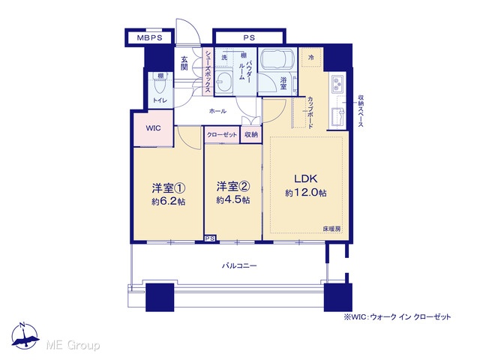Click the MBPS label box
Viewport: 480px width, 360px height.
point(150,38)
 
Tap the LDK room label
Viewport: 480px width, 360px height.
point(305,178)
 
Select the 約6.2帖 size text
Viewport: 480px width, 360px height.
point(169,202)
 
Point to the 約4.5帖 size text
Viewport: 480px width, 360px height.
point(233,200)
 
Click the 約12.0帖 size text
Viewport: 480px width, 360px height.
point(305,193)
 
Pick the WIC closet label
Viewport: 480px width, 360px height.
point(153,128)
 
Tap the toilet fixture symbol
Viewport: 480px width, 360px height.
point(160,84)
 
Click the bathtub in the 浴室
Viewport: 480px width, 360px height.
point(277,59)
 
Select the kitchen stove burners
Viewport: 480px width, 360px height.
point(337,84)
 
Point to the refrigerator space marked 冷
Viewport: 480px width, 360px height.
point(311,57)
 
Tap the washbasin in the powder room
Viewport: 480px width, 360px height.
point(223,82)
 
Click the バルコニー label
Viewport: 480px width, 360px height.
point(239,265)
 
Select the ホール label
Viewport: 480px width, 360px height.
point(217,111)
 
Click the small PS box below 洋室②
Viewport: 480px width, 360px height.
point(210,238)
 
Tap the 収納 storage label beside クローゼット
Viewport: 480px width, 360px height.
point(251,134)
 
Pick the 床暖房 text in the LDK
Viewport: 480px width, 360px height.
point(331,228)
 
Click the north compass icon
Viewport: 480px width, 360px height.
point(25,336)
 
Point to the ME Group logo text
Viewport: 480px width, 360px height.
point(73,345)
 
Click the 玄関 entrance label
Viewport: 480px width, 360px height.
point(184,63)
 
